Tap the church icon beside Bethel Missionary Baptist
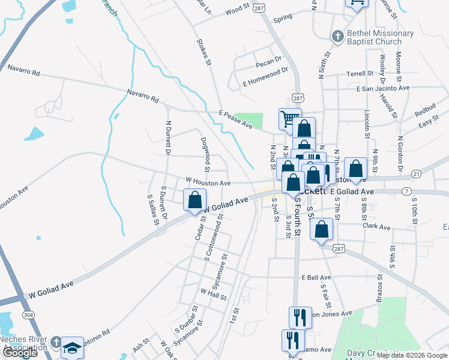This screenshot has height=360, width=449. pos(337,37)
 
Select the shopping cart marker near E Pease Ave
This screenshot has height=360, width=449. pos(290,118)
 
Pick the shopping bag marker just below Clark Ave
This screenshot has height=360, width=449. pos(322,230)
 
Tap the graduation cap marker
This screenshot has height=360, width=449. pos(72,347)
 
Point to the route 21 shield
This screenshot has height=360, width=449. pos(415,174)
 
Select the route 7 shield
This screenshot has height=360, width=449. pos(407,191)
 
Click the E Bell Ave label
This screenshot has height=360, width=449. pos(317,278)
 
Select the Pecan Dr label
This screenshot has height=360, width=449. pos(268,60)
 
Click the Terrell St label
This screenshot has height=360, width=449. pos(360,74)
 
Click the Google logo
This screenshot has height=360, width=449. pos(20,353)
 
